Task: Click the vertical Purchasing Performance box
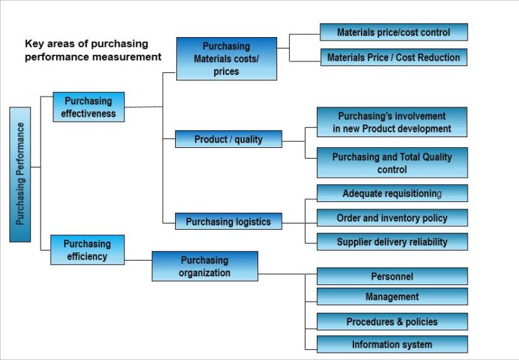click(x=20, y=174)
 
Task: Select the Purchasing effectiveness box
click(x=89, y=107)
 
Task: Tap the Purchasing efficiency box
click(x=87, y=249)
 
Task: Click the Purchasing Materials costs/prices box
click(x=226, y=59)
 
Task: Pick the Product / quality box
click(x=228, y=139)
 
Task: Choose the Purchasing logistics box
click(x=228, y=221)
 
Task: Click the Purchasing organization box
click(x=205, y=266)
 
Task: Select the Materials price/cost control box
click(x=393, y=32)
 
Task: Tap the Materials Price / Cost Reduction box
click(x=393, y=57)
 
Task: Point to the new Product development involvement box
click(x=392, y=122)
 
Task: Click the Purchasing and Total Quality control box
click(x=392, y=163)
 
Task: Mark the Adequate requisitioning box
click(x=392, y=193)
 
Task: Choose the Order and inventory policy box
click(x=392, y=217)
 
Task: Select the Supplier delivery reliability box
click(x=392, y=242)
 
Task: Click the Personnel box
click(x=392, y=276)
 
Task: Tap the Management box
click(x=392, y=297)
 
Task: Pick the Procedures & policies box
click(x=392, y=322)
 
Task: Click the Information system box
click(x=392, y=344)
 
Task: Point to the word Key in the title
click(x=34, y=44)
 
